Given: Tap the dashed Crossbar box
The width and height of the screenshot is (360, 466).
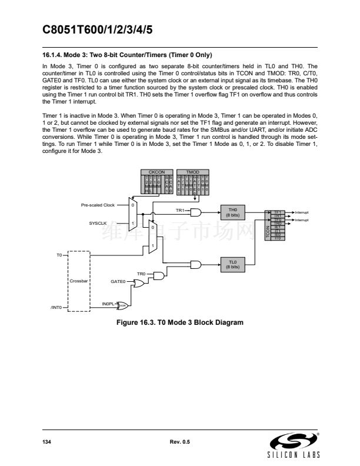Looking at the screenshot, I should [78, 282].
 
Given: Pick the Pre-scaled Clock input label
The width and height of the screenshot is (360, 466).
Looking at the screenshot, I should [98, 205].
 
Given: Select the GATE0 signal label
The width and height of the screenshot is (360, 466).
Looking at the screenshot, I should [119, 282].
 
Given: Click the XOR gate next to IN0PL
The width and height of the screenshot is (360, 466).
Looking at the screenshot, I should [124, 305].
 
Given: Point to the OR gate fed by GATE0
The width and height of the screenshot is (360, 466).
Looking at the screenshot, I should [140, 283].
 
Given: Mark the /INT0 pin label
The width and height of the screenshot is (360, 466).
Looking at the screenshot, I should [57, 308].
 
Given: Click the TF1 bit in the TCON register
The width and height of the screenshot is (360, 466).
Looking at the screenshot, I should [278, 211].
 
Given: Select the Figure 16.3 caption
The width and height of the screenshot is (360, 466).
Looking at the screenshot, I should [180, 322].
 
